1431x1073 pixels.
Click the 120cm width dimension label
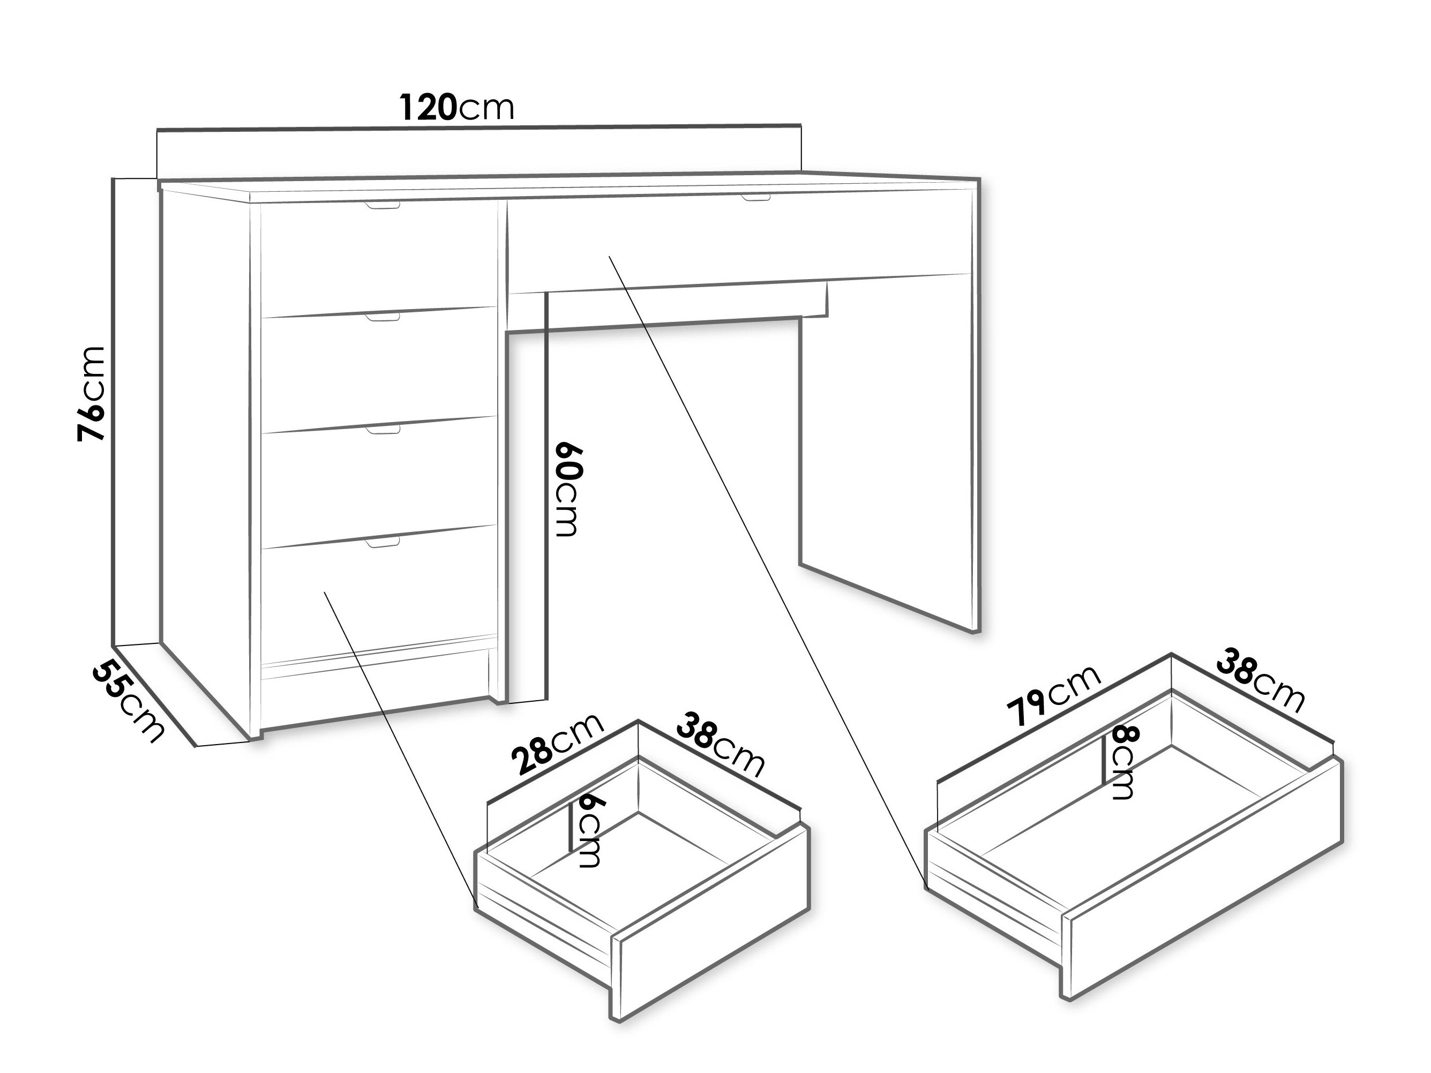456,107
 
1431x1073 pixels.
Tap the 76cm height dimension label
91,394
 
